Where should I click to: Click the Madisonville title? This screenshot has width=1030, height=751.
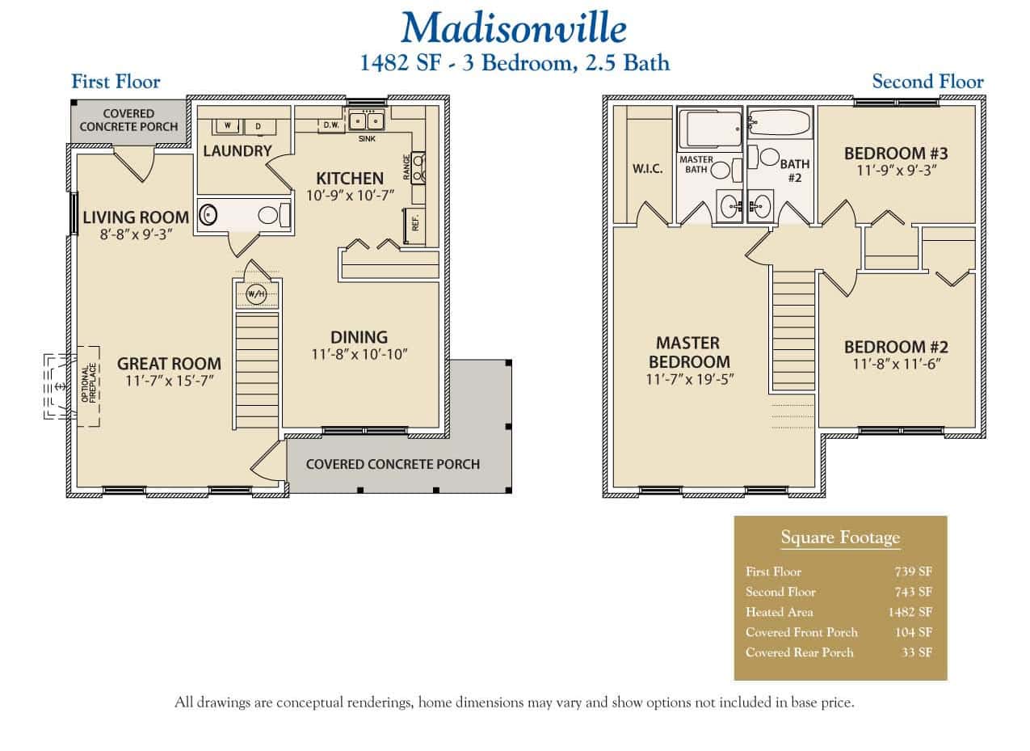pos(514,27)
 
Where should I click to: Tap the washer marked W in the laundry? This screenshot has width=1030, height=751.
pos(228,126)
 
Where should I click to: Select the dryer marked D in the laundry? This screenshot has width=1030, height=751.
pos(259,126)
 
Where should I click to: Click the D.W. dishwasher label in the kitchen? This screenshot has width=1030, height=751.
pos(331,125)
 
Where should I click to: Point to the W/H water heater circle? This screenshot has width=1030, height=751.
pos(256,294)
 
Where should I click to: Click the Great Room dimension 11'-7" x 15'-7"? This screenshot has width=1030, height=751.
pos(169,382)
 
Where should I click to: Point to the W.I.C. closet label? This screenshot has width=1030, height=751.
pos(647,169)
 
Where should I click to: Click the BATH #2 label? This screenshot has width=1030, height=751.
pos(794,171)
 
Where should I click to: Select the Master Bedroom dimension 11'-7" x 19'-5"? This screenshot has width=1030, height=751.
pos(688,379)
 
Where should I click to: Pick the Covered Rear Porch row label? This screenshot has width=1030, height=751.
pos(799,652)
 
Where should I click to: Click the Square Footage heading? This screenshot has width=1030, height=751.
pos(839,538)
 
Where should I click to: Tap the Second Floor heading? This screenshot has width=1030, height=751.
pos(927,82)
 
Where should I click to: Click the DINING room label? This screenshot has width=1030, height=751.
pos(359,337)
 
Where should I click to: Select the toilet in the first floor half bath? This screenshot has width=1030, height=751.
pos(271,215)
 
